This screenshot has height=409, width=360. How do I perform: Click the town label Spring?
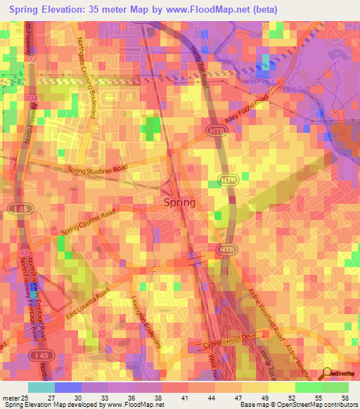click(179, 202)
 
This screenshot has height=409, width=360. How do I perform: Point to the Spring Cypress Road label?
click(87, 223)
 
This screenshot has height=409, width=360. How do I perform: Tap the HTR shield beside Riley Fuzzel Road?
click(214, 131)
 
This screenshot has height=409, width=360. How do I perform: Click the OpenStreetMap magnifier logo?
click(329, 374)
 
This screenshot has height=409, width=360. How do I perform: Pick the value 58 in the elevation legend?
click(345, 398)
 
